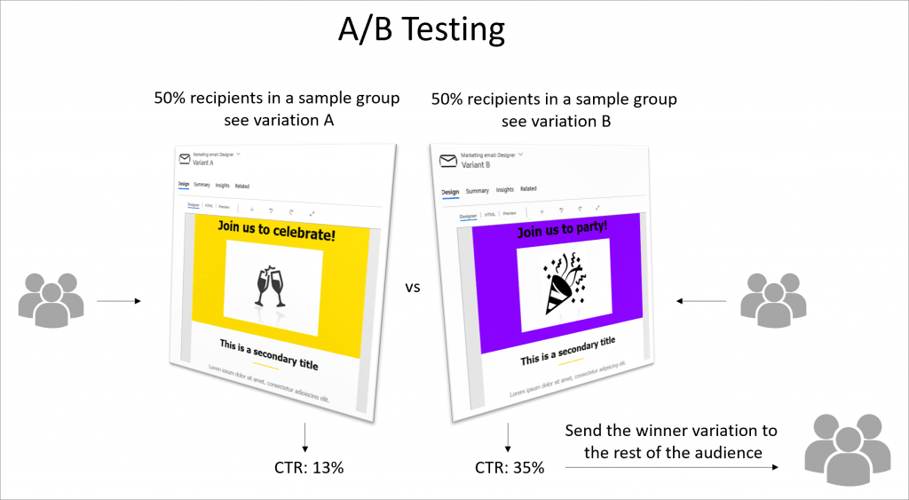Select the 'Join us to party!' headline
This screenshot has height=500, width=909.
click(x=563, y=229)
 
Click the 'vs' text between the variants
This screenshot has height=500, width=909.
click(x=413, y=288)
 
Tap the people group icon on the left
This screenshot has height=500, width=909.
click(x=51, y=298)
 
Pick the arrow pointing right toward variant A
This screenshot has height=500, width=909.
click(x=119, y=302)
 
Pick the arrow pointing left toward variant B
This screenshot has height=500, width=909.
click(x=700, y=302)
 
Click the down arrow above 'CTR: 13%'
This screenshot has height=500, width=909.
click(x=304, y=436)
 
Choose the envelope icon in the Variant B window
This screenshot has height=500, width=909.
click(x=448, y=161)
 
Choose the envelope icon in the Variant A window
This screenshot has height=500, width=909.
click(x=185, y=159)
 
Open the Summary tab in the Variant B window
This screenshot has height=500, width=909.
click(x=478, y=190)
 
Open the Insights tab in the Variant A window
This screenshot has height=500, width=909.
click(x=223, y=186)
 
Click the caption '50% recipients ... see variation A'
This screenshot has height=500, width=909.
click(x=277, y=109)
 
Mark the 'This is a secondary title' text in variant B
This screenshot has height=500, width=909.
click(x=568, y=351)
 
